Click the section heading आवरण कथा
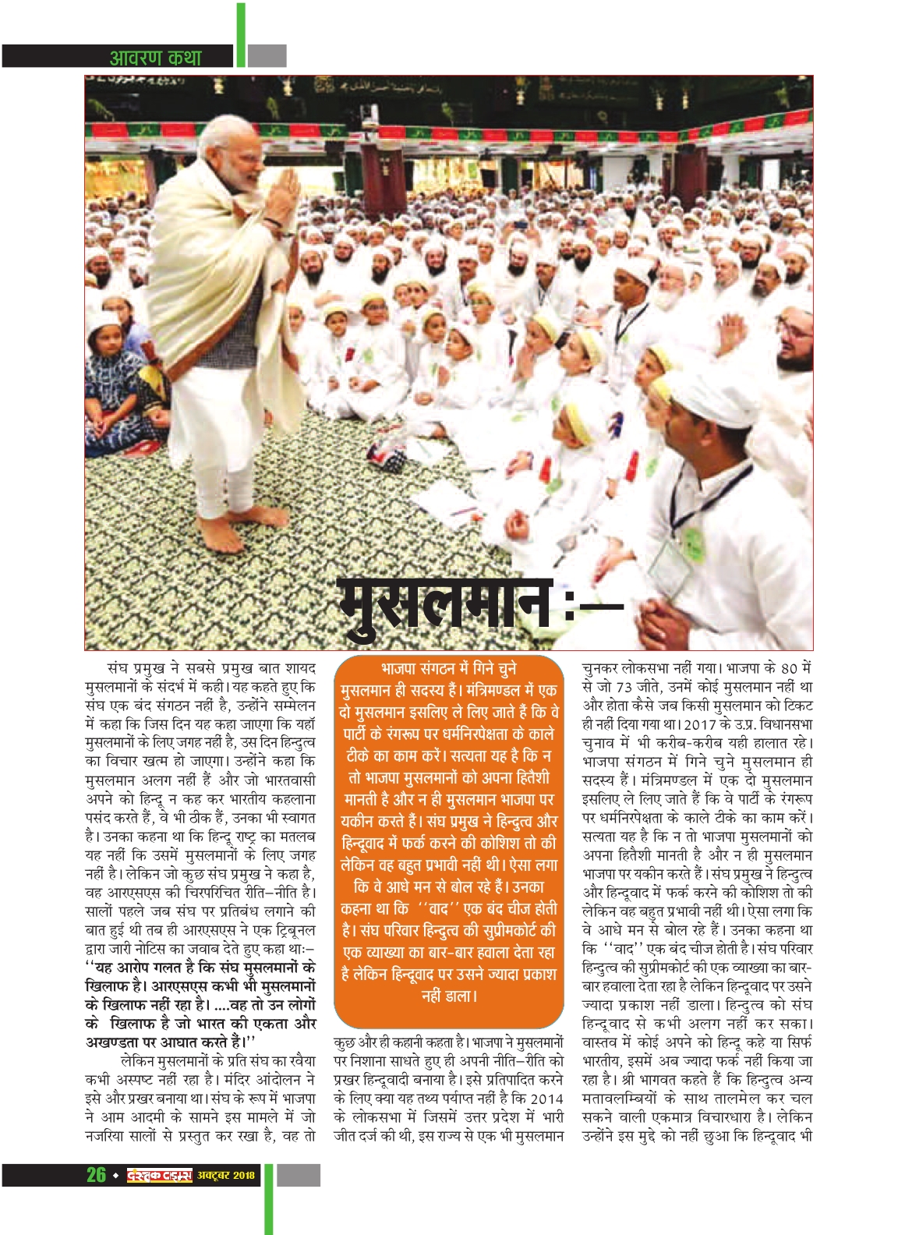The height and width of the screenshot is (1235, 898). (156, 57)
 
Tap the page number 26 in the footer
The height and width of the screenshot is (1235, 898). (96, 1174)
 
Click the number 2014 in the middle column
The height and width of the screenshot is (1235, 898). (545, 1099)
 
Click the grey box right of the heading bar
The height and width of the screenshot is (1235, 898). (267, 56)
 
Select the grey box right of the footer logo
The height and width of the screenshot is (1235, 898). (299, 1175)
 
